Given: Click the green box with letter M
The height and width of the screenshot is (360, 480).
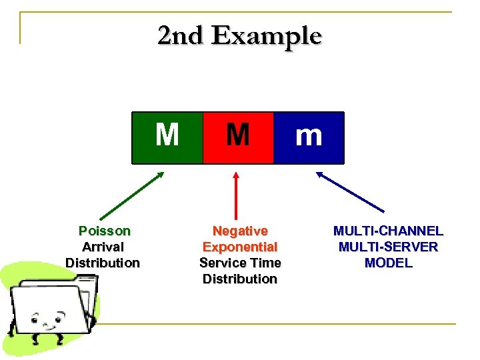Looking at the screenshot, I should tap(167, 137).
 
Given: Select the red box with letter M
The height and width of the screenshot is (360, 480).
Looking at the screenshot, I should tap(238, 137).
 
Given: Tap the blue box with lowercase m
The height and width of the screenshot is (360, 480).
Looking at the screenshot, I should tap(309, 137).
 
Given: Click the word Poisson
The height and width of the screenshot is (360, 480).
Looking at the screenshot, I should tap(104, 231).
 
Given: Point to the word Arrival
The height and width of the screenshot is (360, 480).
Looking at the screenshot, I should tap(103, 247).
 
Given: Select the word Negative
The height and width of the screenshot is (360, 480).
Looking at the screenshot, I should tap(240, 231).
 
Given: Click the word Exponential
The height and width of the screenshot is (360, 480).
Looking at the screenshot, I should tap(240, 247).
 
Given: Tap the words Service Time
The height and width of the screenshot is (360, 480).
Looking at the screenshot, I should tap(240, 263).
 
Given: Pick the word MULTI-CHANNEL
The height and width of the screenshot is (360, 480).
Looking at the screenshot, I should tap(388, 231).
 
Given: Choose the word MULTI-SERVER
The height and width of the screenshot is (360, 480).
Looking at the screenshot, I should tap(388, 247).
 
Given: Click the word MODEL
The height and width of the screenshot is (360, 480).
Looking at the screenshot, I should tap(388, 263).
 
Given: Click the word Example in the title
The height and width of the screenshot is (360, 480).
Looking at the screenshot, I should tap(267, 35).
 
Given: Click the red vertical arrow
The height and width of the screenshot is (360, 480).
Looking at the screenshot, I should tap(235, 197).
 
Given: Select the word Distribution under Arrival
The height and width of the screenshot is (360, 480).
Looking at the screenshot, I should tap(103, 263).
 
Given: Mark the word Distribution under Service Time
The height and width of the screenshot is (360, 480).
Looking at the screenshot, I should tap(240, 279).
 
